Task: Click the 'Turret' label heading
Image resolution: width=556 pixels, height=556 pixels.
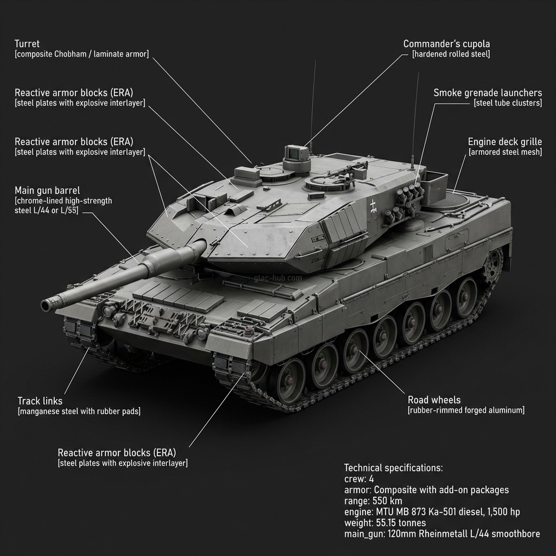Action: pyautogui.click(x=27, y=43)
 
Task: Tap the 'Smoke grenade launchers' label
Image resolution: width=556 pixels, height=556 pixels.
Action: pyautogui.click(x=488, y=93)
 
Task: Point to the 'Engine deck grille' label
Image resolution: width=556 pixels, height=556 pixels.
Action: pyautogui.click(x=505, y=142)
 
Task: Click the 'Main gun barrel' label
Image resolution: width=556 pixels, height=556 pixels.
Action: pyautogui.click(x=47, y=191)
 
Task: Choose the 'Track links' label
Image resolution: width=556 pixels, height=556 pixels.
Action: pyautogui.click(x=40, y=401)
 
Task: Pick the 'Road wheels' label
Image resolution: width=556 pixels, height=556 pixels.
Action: pyautogui.click(x=434, y=400)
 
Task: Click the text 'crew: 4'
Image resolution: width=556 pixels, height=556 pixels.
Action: pyautogui.click(x=359, y=479)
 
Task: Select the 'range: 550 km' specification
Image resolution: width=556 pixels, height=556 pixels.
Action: pyautogui.click(x=374, y=501)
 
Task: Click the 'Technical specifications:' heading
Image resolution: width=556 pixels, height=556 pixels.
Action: pyautogui.click(x=394, y=468)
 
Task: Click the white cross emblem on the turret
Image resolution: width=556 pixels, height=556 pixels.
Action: pyautogui.click(x=374, y=205)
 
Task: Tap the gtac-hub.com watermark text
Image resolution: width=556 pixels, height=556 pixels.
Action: pyautogui.click(x=277, y=278)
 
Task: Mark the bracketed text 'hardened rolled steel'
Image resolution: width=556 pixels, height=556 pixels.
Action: pyautogui.click(x=451, y=54)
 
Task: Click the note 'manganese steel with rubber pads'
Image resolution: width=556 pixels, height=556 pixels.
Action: pyautogui.click(x=79, y=412)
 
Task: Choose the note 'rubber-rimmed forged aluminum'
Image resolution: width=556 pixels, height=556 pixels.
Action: pyautogui.click(x=466, y=410)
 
